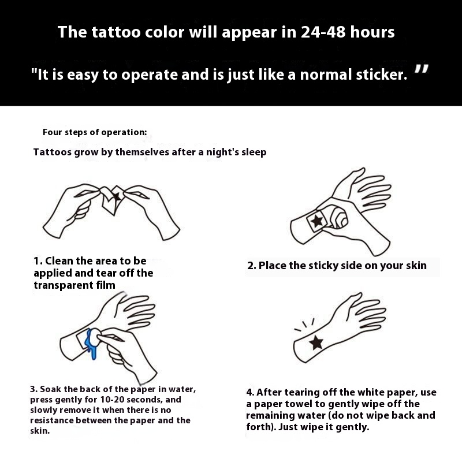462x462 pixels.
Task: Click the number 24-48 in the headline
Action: (x=323, y=32)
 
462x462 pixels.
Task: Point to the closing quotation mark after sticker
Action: (x=422, y=69)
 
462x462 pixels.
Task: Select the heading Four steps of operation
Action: (x=95, y=132)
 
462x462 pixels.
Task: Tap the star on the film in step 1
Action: (x=117, y=196)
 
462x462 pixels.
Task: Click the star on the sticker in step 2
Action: (x=316, y=221)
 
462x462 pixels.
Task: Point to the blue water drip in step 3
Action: (x=91, y=345)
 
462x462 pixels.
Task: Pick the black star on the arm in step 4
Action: (x=316, y=342)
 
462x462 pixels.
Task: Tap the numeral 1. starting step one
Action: (x=38, y=261)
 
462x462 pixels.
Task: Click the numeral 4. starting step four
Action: (x=250, y=393)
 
